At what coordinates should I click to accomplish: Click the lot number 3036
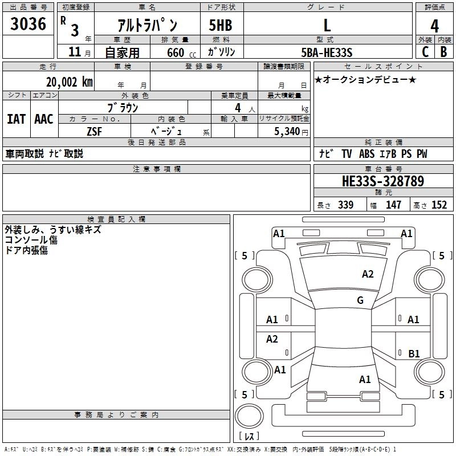[28, 24]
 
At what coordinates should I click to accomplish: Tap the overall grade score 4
[434, 26]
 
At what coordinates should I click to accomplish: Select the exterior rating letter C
[425, 52]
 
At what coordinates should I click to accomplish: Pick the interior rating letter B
[443, 52]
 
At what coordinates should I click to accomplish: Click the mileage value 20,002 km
[69, 82]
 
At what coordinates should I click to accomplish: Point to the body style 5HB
[221, 25]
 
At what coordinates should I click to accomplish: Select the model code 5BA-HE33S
[327, 52]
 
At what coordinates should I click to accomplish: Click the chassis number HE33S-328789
[383, 181]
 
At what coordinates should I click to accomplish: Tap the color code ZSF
[94, 132]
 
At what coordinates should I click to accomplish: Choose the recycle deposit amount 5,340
[287, 132]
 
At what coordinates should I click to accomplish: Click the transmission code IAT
[17, 119]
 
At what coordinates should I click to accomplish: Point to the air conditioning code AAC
[44, 119]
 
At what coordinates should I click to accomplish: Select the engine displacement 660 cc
[181, 53]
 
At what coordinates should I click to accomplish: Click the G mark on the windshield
[360, 300]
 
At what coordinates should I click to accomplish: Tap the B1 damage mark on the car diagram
[414, 353]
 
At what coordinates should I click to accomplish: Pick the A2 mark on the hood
[368, 274]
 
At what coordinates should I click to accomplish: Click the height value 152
[439, 205]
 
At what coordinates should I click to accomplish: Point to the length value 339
[345, 205]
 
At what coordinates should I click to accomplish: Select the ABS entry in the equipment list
[367, 153]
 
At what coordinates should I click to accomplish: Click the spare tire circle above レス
[249, 416]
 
